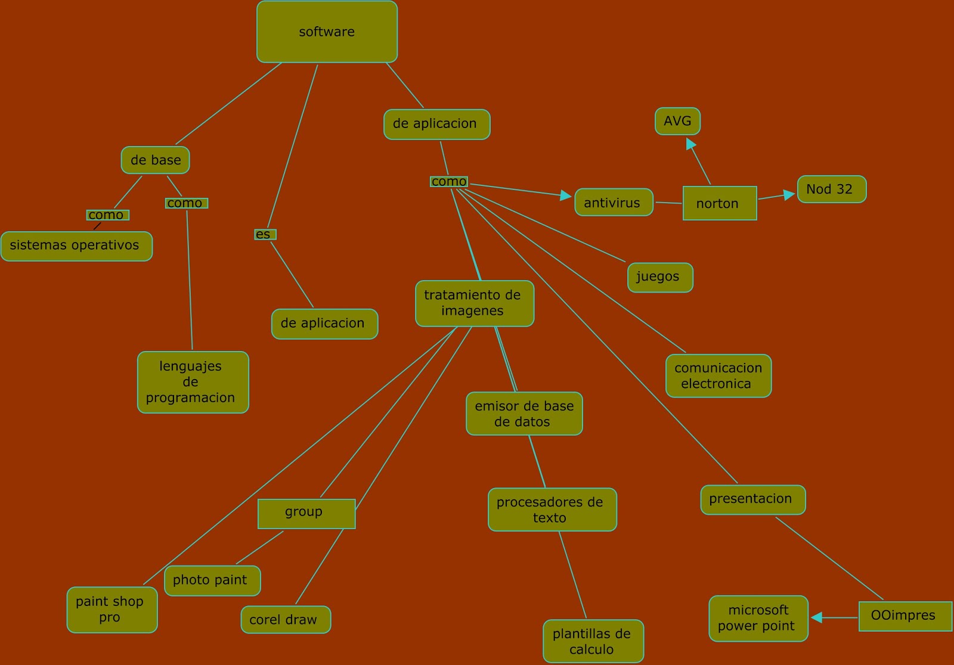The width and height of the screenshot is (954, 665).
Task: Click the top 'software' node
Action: pos(327,32)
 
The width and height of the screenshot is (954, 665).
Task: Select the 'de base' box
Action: pos(155,160)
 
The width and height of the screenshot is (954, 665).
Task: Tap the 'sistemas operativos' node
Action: pos(76,246)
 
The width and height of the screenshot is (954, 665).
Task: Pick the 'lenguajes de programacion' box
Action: pos(193,382)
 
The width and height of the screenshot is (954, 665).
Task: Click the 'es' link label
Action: pos(264,234)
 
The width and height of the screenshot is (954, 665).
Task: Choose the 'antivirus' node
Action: pos(614,203)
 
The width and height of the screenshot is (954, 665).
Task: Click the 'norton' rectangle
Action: pos(719,203)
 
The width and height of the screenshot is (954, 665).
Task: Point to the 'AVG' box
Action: pos(677,121)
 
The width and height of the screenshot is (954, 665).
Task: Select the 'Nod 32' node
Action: pos(831,189)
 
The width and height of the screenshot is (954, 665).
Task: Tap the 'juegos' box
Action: pos(660,277)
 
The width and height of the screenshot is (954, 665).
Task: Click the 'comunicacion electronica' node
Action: pos(718,376)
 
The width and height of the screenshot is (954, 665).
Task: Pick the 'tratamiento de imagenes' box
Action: pos(474,303)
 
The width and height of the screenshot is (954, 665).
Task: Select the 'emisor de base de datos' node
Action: pos(524,414)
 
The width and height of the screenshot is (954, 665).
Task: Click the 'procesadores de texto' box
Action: pos(552,509)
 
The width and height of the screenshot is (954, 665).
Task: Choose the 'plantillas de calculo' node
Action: pos(593,641)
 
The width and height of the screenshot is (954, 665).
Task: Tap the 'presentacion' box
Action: pos(752,499)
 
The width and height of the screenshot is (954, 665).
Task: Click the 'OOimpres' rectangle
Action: pos(905,616)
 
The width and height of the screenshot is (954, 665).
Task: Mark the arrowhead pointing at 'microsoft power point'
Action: pos(817,618)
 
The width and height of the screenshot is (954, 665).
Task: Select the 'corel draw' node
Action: pos(286,620)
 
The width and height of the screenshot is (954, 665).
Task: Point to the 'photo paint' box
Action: pos(212,580)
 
